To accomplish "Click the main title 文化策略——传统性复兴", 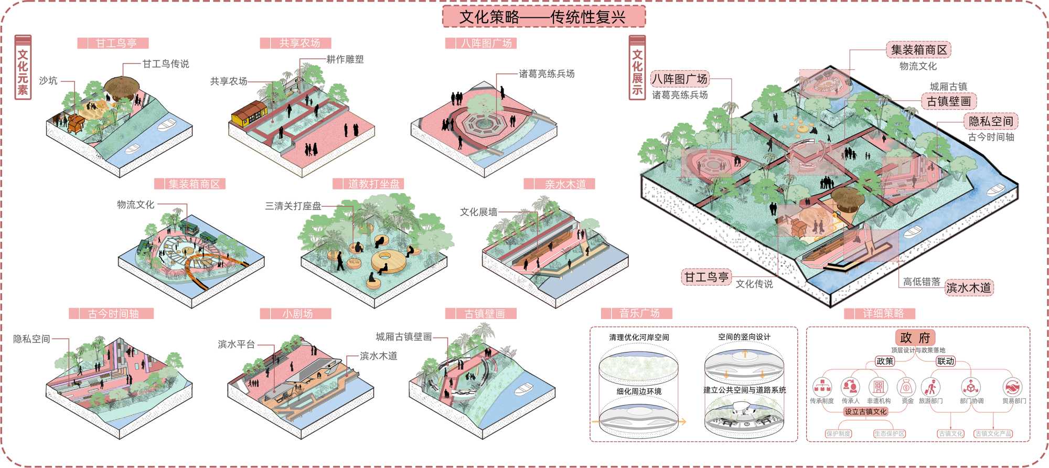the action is coord(543,17).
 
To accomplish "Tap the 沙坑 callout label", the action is coord(48,81).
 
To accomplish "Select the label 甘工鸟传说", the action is coord(166,64).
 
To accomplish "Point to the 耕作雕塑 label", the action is coord(345,59).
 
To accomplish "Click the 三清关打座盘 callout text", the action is coord(293,206).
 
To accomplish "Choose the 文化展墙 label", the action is coord(478,212).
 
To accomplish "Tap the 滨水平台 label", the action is coord(236,344).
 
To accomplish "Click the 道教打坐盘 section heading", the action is coord(373,184).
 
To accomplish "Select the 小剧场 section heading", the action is coord(297,314).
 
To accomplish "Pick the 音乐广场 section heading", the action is coord(639,313).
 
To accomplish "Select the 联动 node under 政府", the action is coord(946,361).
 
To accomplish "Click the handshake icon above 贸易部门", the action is coord(1012,388).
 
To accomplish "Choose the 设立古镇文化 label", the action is coord(865,412).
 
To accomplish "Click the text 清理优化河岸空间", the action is coord(639,337).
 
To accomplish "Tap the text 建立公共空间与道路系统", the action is coord(744,390).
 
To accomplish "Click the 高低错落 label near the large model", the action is coord(922,282).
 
